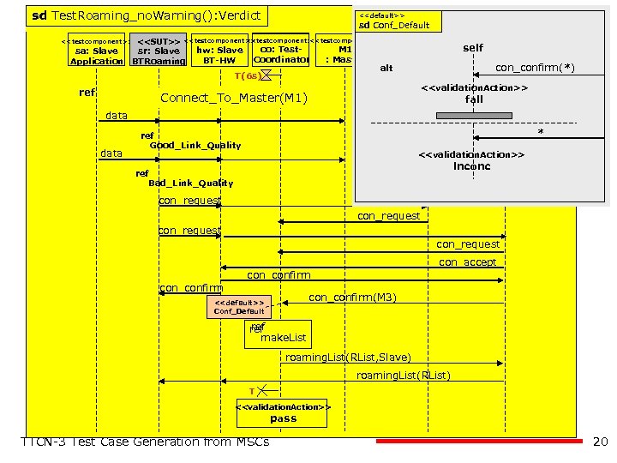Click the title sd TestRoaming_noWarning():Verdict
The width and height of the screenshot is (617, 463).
pos(146,15)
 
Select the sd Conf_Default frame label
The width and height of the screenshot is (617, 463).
pos(394,25)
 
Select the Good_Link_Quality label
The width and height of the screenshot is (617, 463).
pos(195,145)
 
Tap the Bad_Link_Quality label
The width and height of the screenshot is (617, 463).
pos(190,183)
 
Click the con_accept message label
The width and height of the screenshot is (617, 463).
pos(468,262)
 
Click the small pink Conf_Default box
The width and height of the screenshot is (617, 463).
pos(238,307)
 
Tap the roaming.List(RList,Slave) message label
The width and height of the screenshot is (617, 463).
pos(348,357)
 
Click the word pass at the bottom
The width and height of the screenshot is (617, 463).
pos(283,418)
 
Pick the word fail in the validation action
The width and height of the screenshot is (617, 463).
pos(474,99)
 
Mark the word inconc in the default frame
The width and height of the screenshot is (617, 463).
pos(471,165)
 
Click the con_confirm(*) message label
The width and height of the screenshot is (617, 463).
pos(535,67)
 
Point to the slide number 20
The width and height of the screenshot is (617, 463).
pos(600,442)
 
